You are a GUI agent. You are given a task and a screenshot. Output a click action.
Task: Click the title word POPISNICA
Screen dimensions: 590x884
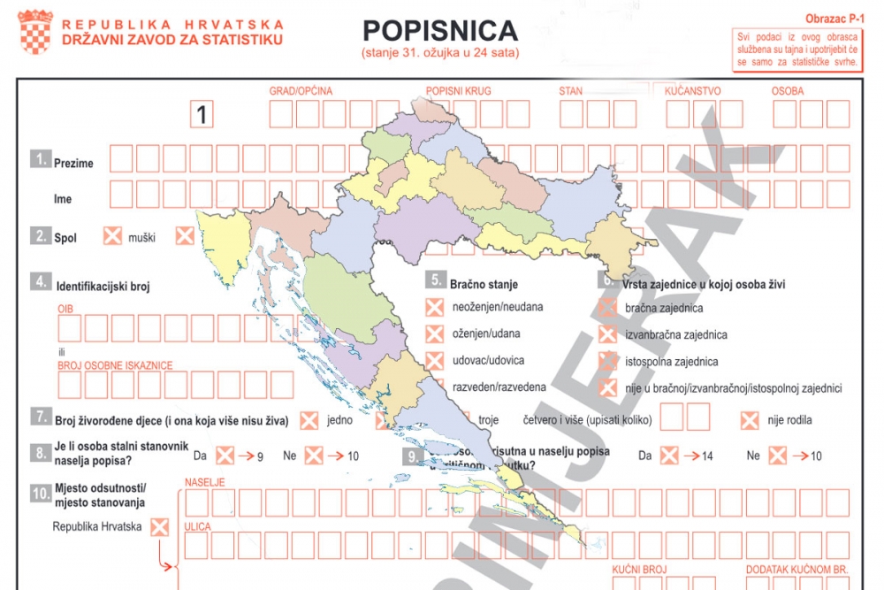pos(439,31)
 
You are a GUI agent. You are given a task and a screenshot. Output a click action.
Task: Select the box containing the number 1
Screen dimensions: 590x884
pos(203,114)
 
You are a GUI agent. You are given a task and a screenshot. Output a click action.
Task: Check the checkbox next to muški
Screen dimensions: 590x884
pos(113,236)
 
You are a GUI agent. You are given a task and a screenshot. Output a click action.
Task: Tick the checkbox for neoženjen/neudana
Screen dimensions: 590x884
pos(434,308)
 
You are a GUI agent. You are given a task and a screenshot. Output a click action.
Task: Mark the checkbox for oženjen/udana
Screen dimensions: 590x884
pos(434,334)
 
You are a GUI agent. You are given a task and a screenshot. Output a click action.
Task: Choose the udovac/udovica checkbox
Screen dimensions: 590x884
pos(434,361)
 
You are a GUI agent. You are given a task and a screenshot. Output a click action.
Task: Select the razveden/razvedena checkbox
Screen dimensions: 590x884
pos(434,387)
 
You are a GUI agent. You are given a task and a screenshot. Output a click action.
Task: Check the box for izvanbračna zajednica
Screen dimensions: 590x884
pos(607,335)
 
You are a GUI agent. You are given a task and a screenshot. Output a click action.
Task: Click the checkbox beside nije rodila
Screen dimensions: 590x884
pos(750,420)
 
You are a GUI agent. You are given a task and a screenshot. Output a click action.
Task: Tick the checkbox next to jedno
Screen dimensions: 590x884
pos(309,420)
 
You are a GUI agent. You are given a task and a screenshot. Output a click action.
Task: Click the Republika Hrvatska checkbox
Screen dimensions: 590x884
pos(159,527)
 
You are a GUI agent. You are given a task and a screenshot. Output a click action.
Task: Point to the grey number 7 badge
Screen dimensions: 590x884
pos(40,417)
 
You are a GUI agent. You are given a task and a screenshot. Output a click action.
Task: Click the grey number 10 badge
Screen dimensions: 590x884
pos(40,494)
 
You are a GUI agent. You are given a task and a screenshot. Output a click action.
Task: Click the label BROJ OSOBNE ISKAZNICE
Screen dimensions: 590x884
pos(115,364)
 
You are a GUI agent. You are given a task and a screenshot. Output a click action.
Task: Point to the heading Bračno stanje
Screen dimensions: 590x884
pos(484,285)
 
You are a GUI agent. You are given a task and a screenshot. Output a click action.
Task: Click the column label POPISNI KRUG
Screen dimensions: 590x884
pos(458,91)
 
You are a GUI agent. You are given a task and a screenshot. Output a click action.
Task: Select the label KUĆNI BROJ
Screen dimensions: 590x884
pos(639,570)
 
